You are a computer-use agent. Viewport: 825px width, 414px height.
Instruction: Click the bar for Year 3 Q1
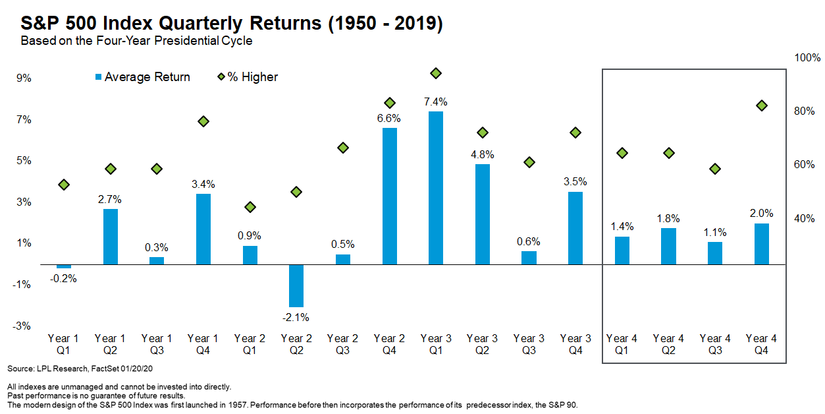tap(435, 188)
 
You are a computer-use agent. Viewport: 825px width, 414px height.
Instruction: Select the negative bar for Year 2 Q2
tap(296, 285)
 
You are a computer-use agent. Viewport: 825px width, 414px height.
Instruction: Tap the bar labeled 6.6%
tap(389, 196)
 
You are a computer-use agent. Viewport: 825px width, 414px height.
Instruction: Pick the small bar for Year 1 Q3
tap(156, 261)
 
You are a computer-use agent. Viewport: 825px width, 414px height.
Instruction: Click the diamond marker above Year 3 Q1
tap(435, 73)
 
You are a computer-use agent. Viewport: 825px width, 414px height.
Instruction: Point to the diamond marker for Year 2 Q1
tap(250, 207)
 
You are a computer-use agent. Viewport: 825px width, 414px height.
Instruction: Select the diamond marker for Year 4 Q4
tap(762, 105)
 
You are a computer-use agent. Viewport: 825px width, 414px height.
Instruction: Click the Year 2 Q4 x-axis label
tap(389, 345)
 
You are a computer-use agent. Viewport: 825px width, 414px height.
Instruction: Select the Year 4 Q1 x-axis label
tap(622, 345)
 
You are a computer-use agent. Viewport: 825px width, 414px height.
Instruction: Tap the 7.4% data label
tap(435, 102)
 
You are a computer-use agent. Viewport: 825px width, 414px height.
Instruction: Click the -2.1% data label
tap(296, 317)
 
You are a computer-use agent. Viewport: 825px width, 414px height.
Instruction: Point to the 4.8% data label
tap(482, 155)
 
